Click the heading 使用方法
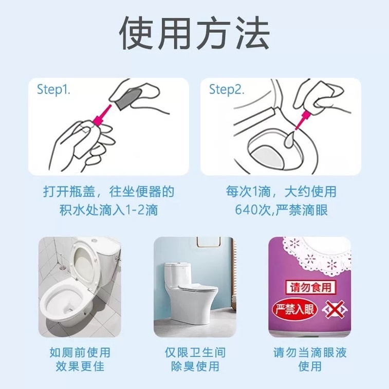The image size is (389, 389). pyautogui.click(x=194, y=34)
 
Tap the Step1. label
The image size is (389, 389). pyautogui.click(x=53, y=89)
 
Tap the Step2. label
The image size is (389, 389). pyautogui.click(x=226, y=89)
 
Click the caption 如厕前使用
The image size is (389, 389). pyautogui.click(x=80, y=353)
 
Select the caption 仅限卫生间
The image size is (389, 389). pyautogui.click(x=195, y=353)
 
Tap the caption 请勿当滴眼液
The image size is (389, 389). pyautogui.click(x=310, y=353)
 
